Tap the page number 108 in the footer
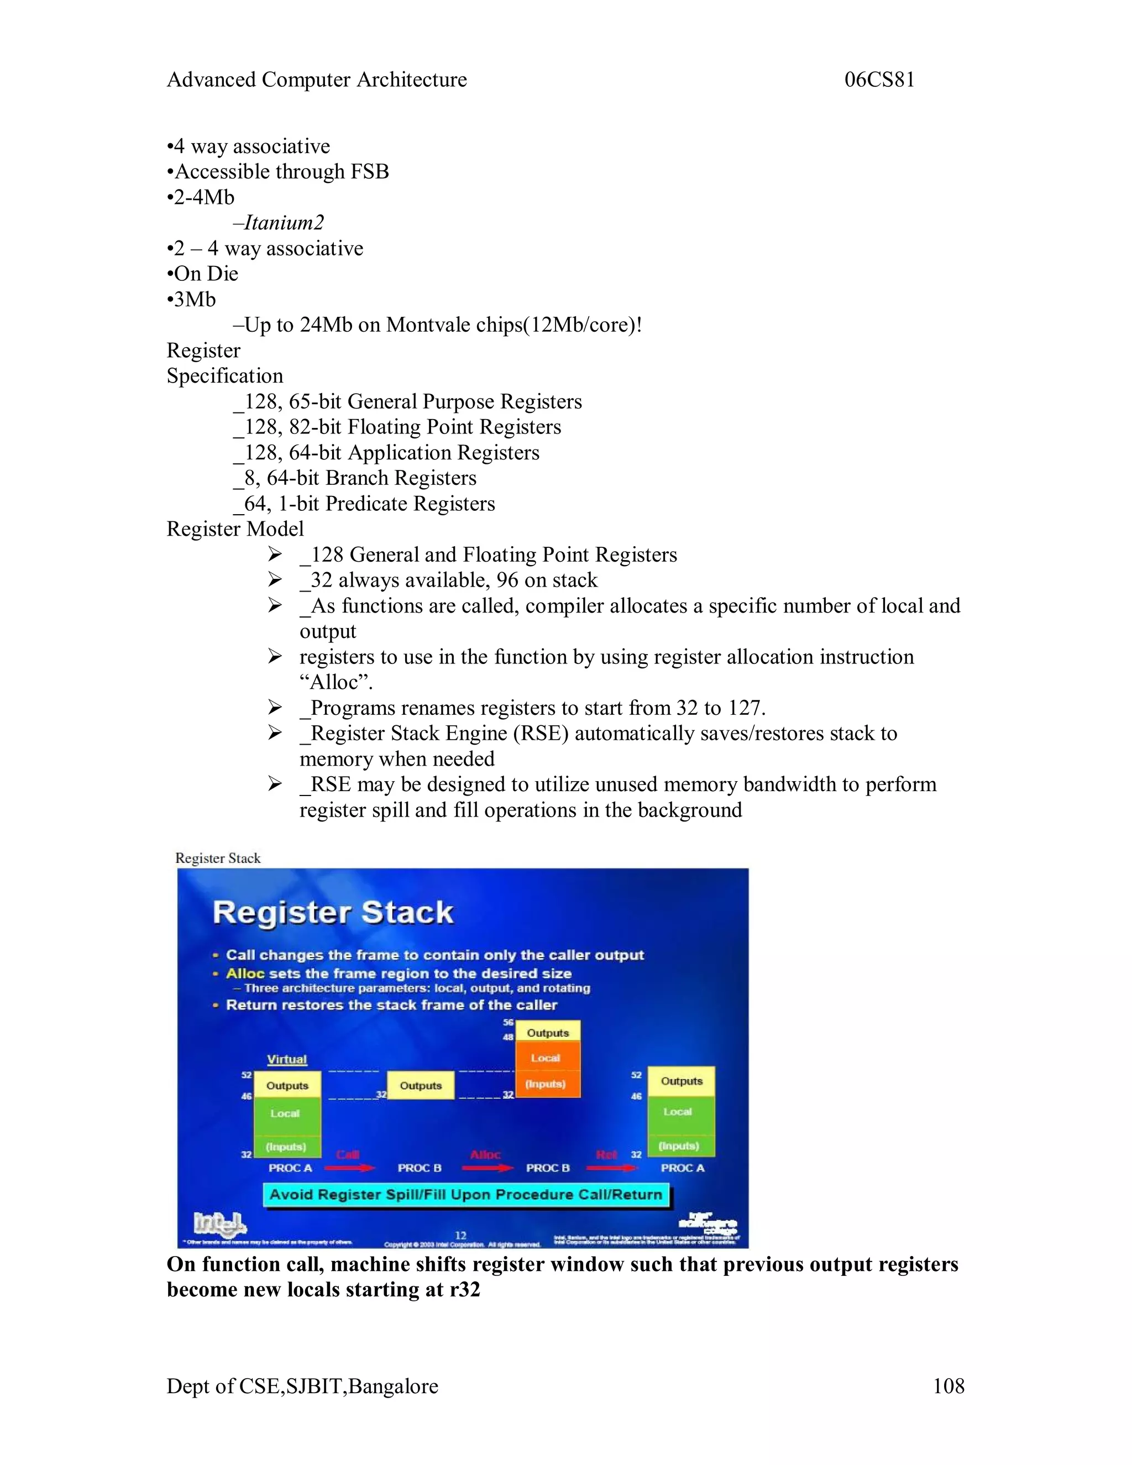click(948, 1385)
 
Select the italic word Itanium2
click(284, 223)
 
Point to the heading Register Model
click(235, 529)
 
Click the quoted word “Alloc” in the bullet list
click(336, 682)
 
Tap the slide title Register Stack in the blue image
click(333, 912)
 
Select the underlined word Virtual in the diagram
click(286, 1059)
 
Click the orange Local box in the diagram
click(546, 1058)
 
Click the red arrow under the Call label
click(349, 1168)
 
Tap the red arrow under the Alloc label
click(487, 1168)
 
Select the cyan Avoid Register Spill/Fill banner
click(465, 1194)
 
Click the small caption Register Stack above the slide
click(217, 858)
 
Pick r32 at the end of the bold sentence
click(464, 1289)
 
